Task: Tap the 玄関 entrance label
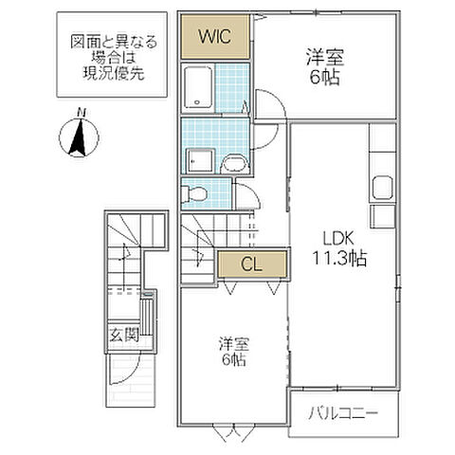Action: pos(123,334)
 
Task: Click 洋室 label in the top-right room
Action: pos(324,56)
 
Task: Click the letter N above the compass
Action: pos(82,114)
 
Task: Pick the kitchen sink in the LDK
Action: pos(382,185)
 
